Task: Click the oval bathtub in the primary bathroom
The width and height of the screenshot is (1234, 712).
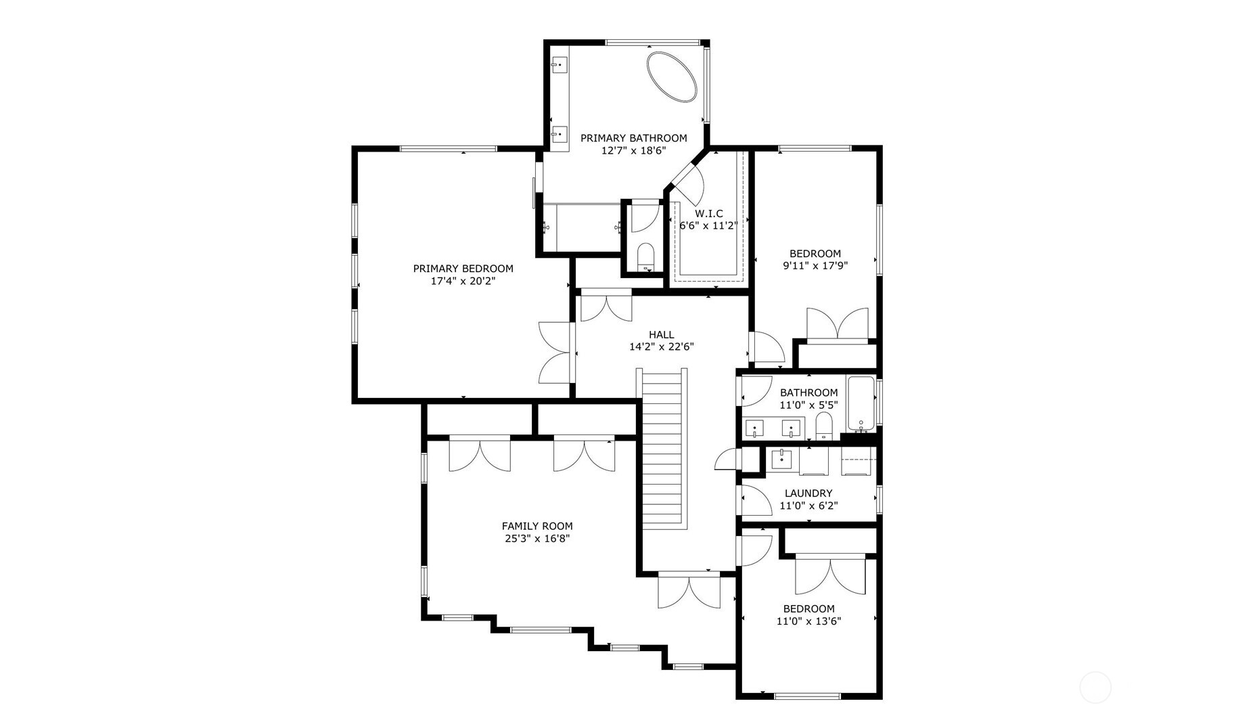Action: (671, 76)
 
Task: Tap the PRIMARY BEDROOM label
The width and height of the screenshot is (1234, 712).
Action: (463, 269)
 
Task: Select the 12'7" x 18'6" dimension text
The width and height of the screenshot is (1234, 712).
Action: (633, 151)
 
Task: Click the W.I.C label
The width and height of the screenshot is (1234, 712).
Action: (708, 213)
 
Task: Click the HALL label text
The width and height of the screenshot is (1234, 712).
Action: (661, 334)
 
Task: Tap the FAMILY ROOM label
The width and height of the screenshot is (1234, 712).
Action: (536, 526)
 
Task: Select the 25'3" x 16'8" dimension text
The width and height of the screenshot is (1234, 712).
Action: (536, 539)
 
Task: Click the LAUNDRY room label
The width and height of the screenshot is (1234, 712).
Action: (808, 493)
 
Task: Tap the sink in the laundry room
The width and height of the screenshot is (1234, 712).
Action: (782, 459)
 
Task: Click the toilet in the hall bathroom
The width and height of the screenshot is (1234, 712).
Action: (823, 426)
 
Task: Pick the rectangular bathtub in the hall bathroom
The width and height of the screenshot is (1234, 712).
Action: (861, 404)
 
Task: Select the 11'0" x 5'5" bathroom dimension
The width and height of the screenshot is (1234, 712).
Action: (808, 405)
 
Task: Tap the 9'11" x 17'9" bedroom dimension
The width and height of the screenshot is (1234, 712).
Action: (815, 266)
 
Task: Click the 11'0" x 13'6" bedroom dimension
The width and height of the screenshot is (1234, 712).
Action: (808, 621)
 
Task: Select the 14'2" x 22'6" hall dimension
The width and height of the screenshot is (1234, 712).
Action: (661, 347)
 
